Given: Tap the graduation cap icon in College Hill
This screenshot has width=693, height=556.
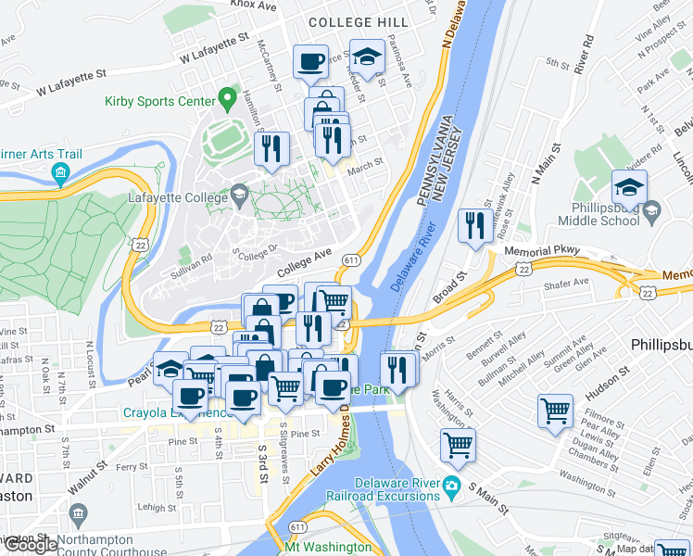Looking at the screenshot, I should (368, 58).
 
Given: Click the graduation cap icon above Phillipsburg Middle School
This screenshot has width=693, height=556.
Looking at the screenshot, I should (629, 188).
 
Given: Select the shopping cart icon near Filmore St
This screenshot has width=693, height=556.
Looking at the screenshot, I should (556, 410).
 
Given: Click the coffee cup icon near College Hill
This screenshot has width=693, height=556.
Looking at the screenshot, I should (310, 62).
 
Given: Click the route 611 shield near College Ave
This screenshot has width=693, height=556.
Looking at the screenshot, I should (351, 261).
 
